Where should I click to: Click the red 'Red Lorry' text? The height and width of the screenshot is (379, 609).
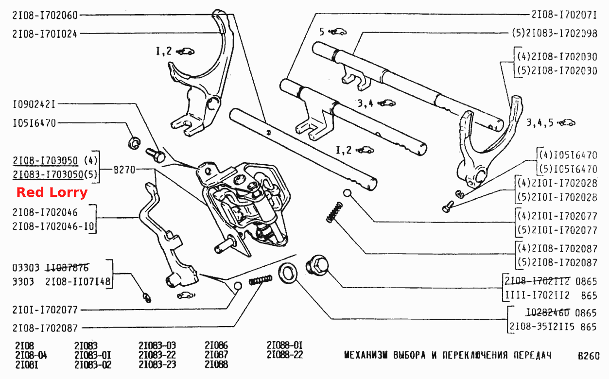(x=52, y=192)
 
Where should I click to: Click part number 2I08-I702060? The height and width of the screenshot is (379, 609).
(x=45, y=15)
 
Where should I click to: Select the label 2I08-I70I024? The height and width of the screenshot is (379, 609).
(x=45, y=34)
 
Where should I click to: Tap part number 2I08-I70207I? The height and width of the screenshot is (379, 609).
(x=564, y=15)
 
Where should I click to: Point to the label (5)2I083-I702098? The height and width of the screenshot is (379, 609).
(x=555, y=34)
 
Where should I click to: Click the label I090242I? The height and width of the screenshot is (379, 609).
(x=34, y=104)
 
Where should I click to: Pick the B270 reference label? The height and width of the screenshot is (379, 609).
(x=124, y=170)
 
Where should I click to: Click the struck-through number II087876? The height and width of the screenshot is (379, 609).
(x=67, y=268)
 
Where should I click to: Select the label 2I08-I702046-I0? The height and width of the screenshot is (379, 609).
(x=53, y=226)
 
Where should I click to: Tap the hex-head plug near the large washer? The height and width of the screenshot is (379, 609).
(x=317, y=264)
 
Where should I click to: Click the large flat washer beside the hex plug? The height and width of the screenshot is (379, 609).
(x=288, y=274)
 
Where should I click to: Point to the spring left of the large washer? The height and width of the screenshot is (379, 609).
(x=261, y=280)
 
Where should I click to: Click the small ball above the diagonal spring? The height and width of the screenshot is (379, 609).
(x=347, y=193)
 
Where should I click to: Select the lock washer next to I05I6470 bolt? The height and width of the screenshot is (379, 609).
(x=134, y=143)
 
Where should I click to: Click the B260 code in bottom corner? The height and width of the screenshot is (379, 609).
(x=589, y=356)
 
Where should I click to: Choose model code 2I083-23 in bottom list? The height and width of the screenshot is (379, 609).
(x=157, y=364)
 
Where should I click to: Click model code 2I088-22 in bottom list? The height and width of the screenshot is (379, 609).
(x=285, y=355)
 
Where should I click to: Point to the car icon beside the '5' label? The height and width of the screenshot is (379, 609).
(x=338, y=32)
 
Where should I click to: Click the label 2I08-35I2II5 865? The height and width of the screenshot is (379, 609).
(x=553, y=327)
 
